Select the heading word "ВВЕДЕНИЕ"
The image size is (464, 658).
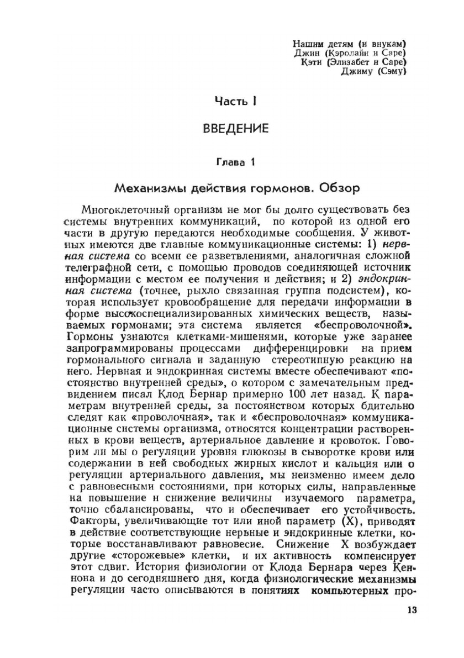click(x=236, y=129)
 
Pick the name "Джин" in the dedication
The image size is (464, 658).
click(x=305, y=52)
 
